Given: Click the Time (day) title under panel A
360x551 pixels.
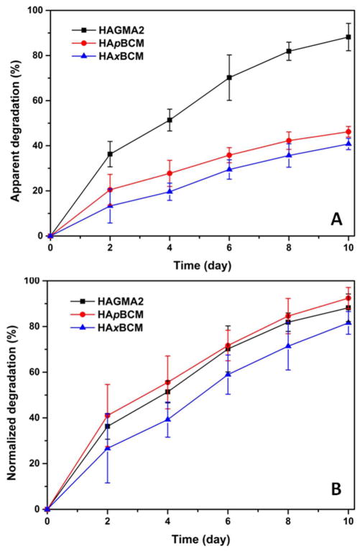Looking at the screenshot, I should [199, 265].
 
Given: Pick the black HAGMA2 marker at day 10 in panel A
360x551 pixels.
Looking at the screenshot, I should [349, 37].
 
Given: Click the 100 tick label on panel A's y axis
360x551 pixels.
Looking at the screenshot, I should [32, 11].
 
